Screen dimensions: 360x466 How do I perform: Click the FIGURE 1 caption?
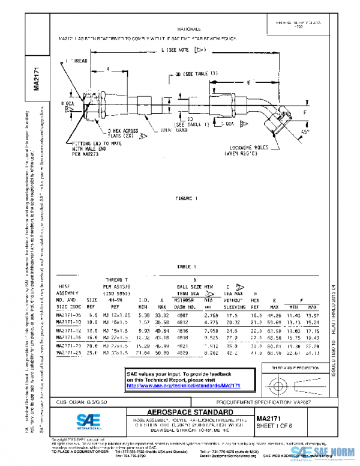[x=185, y=198]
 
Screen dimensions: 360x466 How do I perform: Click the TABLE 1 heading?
[x=186, y=265]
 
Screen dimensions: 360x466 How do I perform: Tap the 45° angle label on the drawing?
[x=304, y=131]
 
